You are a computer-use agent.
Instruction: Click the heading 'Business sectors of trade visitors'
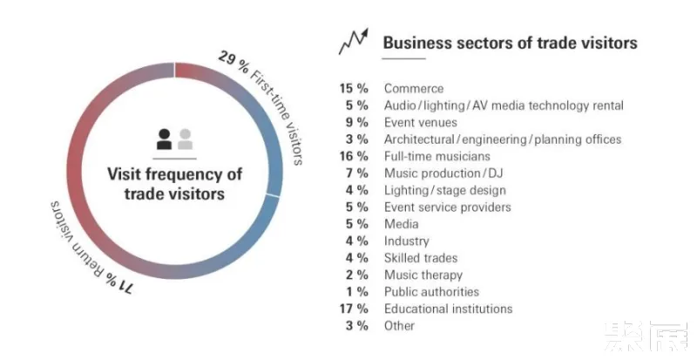[510, 42]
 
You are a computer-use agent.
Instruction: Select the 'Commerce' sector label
[414, 88]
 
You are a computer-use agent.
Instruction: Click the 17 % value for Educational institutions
[354, 309]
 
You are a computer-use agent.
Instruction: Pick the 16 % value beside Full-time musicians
[354, 156]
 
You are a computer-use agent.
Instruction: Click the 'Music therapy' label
[423, 275]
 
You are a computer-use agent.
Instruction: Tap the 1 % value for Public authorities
[357, 292]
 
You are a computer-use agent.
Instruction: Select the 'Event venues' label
[421, 122]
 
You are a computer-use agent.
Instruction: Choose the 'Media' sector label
[402, 224]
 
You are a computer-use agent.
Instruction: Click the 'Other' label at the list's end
[400, 326]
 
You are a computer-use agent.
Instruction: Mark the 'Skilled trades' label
[421, 258]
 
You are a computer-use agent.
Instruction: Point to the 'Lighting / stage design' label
[444, 190]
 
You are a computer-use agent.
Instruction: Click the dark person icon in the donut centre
[164, 138]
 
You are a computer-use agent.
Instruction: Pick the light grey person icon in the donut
[185, 138]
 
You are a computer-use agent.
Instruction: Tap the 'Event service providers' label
[447, 207]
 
